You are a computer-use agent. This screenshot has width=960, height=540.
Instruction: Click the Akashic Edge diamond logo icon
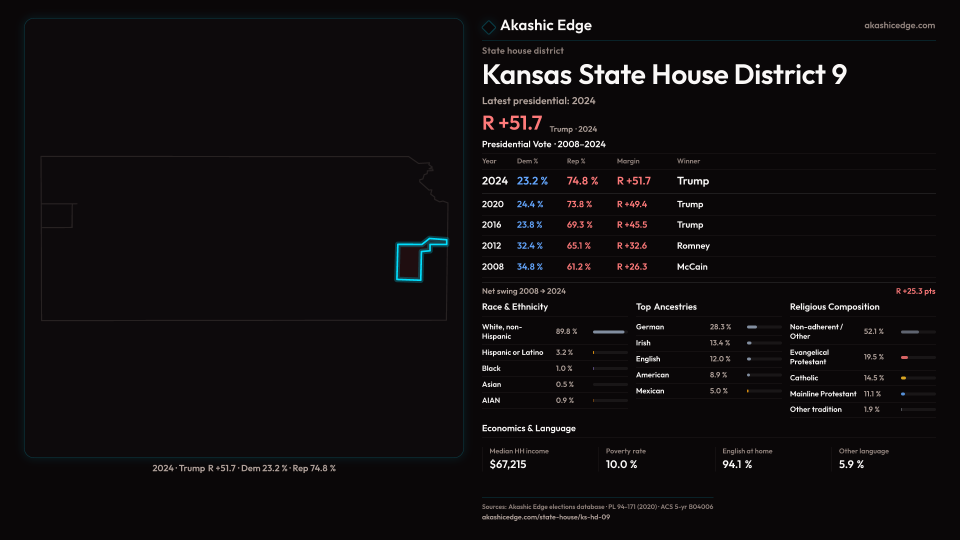488,27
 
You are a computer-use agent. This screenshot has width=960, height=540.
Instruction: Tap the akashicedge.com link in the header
899,25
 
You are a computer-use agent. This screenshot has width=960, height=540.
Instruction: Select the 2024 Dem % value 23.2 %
532,181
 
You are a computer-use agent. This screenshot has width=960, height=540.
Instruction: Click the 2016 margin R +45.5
631,225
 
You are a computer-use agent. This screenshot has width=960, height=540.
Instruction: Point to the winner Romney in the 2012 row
693,246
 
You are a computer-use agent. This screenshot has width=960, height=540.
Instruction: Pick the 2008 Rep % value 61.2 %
578,267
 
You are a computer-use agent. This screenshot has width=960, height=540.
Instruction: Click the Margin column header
628,161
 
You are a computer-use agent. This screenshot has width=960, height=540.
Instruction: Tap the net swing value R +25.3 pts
915,291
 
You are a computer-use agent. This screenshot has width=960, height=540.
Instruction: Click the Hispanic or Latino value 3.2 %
564,352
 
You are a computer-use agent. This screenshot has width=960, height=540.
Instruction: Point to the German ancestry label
650,327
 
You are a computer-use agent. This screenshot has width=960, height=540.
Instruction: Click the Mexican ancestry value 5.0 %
718,391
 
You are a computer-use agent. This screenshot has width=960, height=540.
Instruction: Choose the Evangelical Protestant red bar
904,357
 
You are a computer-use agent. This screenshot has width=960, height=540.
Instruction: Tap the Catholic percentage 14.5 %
873,378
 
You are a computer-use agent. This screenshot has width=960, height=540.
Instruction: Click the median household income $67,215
507,464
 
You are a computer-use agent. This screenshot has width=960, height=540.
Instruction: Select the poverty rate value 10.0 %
621,464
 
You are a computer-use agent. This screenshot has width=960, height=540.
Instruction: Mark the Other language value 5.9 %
851,464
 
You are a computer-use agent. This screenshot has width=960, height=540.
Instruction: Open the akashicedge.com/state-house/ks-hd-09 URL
545,517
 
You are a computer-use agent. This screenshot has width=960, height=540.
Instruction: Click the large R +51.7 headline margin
512,123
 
